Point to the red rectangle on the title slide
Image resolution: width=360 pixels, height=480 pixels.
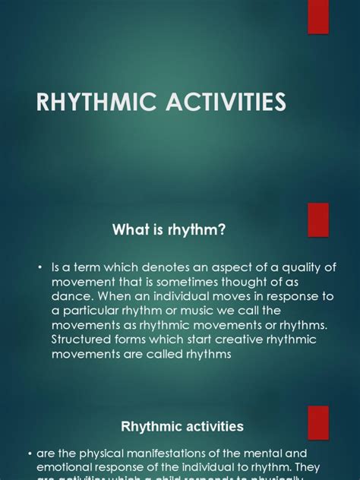point(317,16)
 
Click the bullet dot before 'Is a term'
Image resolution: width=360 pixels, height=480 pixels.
point(39,267)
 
